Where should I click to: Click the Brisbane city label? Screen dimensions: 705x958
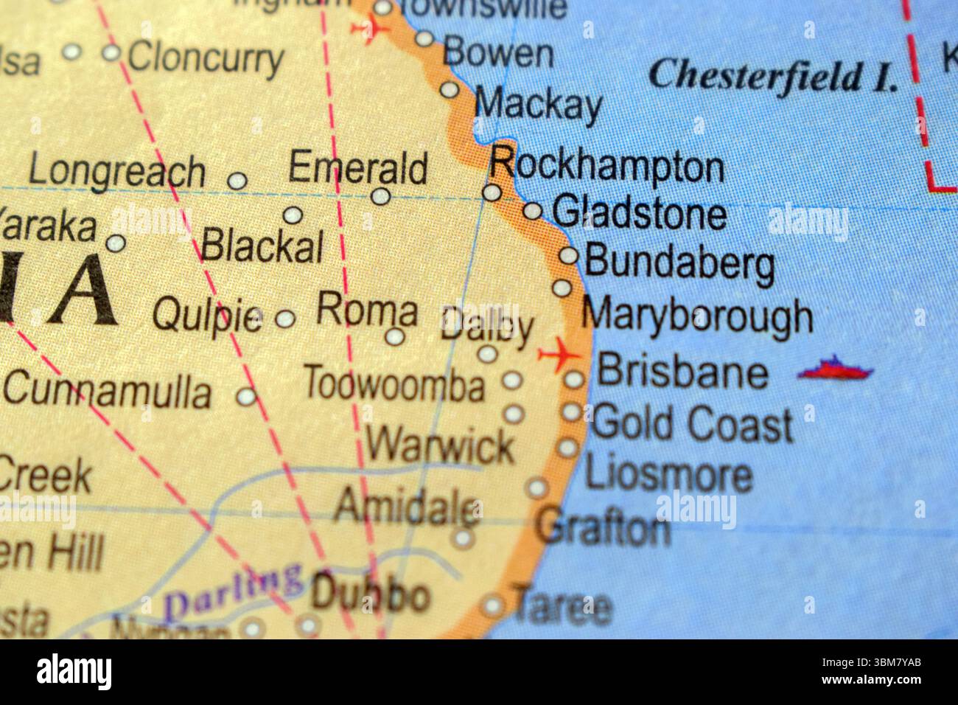coord(682,372)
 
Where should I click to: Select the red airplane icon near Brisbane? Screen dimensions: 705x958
coord(560,355)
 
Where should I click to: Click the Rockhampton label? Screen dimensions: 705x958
coord(606,165)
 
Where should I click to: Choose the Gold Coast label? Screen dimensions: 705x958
coord(692,424)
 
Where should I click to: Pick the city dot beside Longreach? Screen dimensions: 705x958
coord(237,180)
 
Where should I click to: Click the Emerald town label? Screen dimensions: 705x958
coord(357,167)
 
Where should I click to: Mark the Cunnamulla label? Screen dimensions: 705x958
coord(108,391)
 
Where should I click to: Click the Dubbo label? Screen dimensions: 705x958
coord(370,594)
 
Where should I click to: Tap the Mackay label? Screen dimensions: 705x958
coord(538,104)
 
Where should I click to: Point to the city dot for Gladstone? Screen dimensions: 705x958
coord(532,212)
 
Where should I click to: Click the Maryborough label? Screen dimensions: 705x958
coord(697,316)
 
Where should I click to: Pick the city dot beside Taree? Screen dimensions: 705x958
coord(492,607)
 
